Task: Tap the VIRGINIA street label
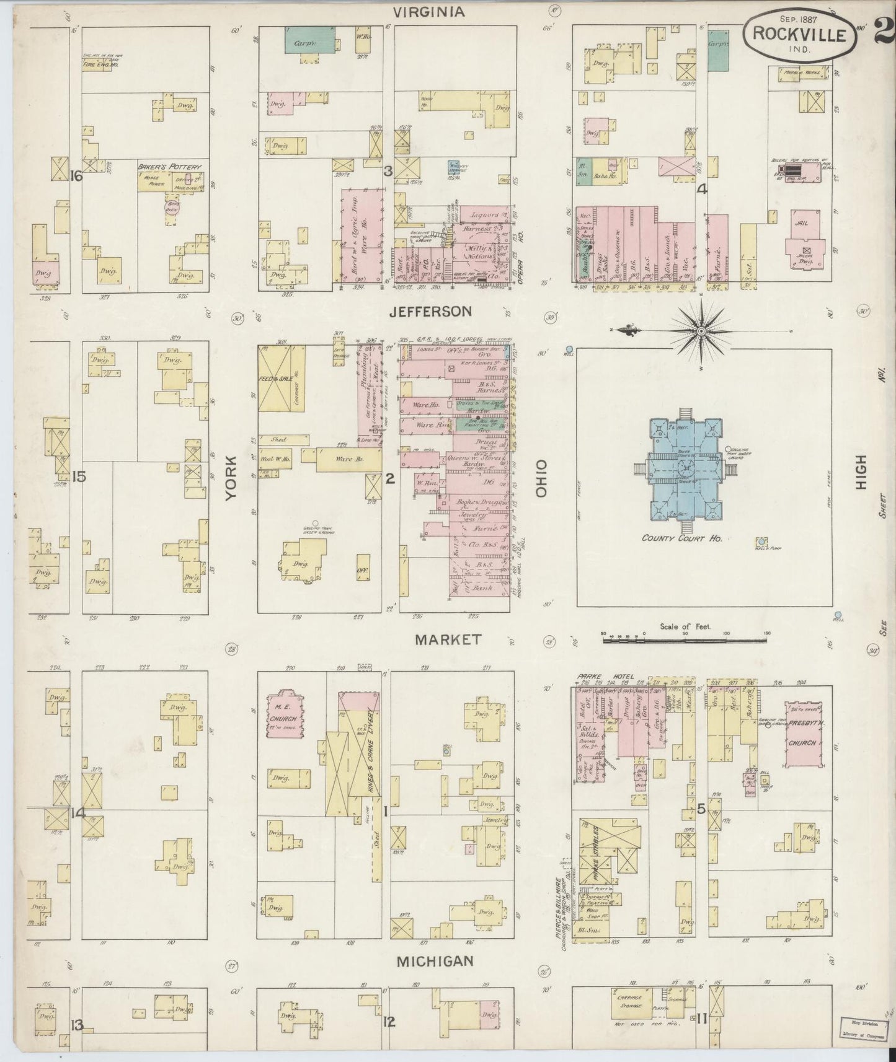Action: pos(429,11)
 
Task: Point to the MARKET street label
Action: pos(448,639)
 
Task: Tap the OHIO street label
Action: pos(541,478)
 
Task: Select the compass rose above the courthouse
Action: pos(700,331)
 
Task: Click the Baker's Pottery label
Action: pos(170,167)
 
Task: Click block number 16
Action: pos(76,177)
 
